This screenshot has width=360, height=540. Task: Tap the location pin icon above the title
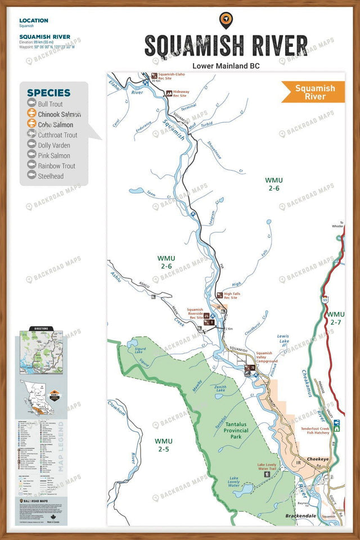pyautogui.click(x=226, y=20)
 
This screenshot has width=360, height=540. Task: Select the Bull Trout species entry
pyautogui.click(x=50, y=104)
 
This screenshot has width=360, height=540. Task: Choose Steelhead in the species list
pyautogui.click(x=51, y=176)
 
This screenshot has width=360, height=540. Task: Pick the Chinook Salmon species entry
pyautogui.click(x=59, y=114)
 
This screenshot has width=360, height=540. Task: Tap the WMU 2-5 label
pyautogui.click(x=165, y=445)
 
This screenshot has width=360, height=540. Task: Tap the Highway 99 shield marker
pyautogui.click(x=325, y=300)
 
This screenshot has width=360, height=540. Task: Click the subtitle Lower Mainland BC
pyautogui.click(x=226, y=65)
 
